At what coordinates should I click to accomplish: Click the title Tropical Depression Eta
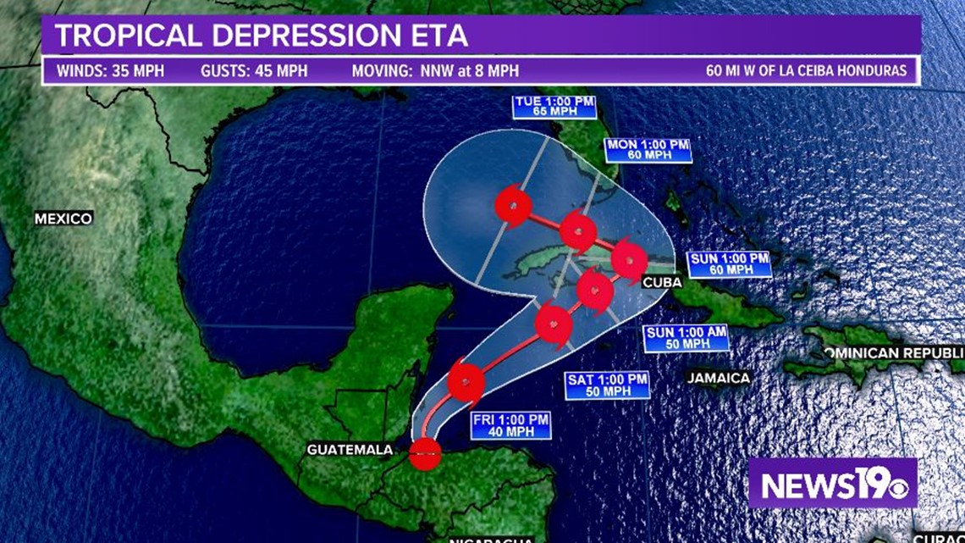[x=262, y=36]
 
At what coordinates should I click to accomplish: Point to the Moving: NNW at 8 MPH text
[x=435, y=71]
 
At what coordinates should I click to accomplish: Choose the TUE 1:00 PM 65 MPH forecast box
[x=554, y=107]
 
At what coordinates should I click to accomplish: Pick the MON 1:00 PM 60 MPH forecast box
[x=648, y=150]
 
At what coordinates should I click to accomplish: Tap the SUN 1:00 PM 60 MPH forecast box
[x=729, y=264]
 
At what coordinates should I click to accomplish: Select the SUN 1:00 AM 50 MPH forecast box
[x=686, y=338]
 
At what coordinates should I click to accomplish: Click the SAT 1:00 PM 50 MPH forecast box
[x=608, y=385]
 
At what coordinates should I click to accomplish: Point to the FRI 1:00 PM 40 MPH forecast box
[x=510, y=425]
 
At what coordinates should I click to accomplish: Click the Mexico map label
[x=63, y=219]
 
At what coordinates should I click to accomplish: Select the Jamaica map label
[x=719, y=378]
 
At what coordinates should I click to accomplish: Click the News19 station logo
[x=833, y=483]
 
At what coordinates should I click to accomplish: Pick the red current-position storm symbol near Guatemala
[x=425, y=454]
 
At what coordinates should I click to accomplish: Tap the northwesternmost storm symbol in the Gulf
[x=513, y=204]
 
